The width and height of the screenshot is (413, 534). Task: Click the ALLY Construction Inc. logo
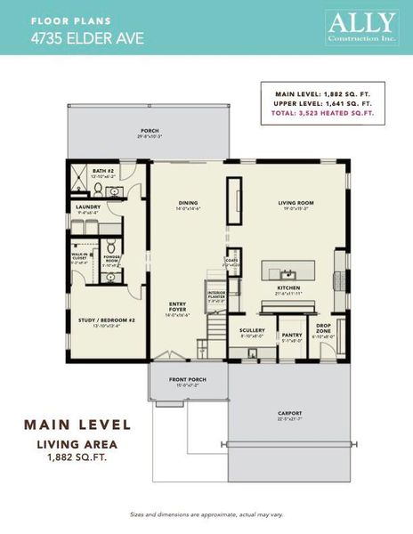(x=361, y=27)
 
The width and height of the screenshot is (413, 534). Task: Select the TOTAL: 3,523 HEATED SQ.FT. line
(x=324, y=114)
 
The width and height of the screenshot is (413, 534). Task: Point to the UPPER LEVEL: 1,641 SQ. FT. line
(x=324, y=103)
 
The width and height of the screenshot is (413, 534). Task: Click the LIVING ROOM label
(x=296, y=202)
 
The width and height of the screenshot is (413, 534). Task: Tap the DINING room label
(x=188, y=202)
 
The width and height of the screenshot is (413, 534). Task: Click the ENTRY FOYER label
(x=178, y=308)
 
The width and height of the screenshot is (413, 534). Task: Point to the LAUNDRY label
(x=87, y=207)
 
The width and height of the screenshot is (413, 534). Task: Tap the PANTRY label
(x=293, y=335)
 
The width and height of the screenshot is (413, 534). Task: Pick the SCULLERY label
(x=252, y=330)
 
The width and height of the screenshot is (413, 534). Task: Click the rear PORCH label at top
(x=149, y=132)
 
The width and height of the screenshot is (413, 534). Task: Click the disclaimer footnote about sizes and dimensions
(x=206, y=514)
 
